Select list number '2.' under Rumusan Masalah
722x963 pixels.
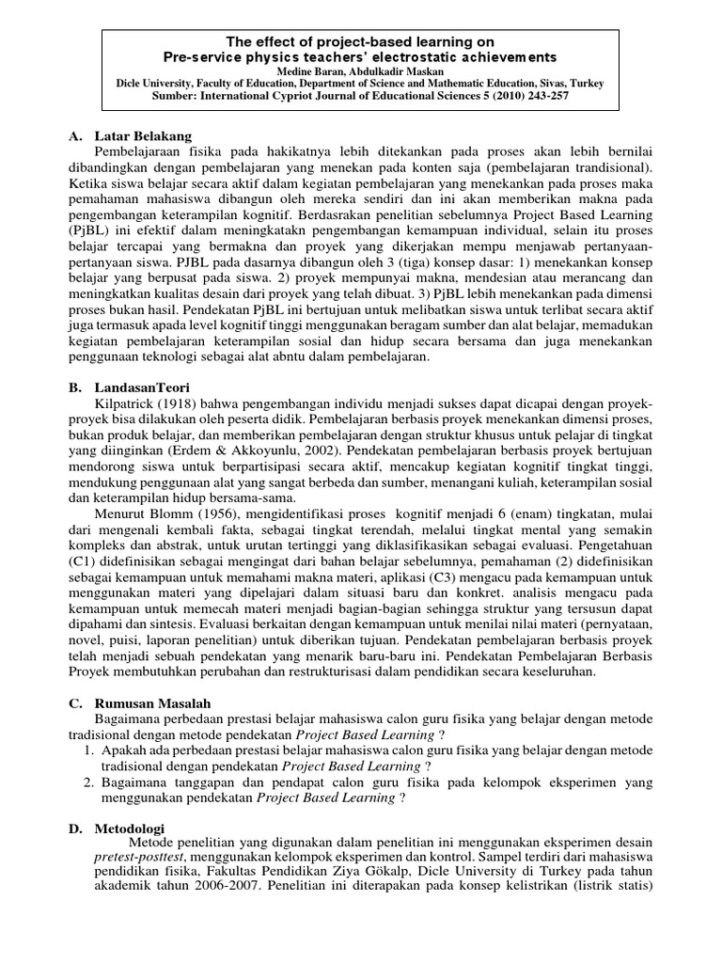pos(87,782)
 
